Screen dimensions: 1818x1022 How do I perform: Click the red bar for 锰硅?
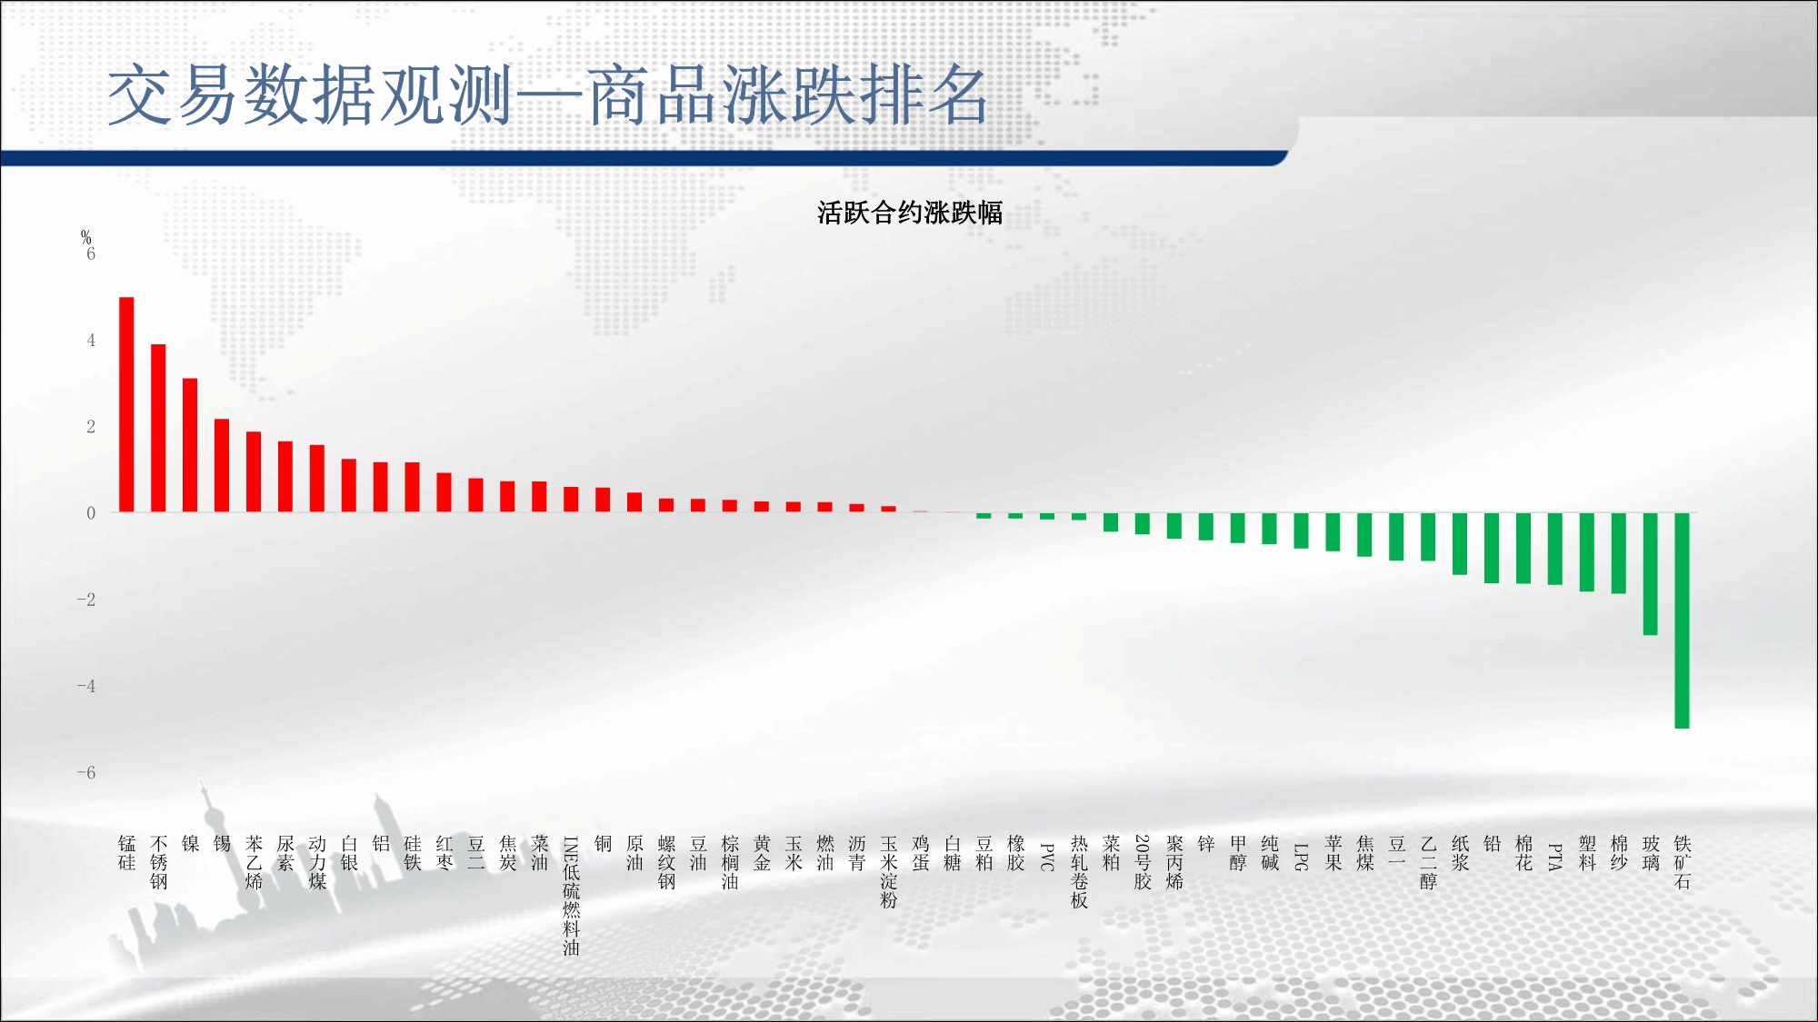(126, 404)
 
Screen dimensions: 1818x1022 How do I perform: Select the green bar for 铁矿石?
(1682, 620)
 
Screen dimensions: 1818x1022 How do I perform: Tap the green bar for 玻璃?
(1650, 574)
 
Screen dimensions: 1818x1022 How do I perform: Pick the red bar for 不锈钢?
(158, 428)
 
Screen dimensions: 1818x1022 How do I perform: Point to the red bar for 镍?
(190, 445)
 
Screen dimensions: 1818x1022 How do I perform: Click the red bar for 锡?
(222, 465)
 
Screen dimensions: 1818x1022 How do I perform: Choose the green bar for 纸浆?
(1460, 544)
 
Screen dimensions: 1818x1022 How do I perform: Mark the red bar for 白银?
(349, 485)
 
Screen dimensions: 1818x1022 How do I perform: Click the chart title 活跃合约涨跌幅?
(909, 213)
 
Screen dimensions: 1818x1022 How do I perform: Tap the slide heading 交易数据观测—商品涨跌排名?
(548, 95)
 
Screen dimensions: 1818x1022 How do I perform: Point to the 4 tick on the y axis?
(91, 341)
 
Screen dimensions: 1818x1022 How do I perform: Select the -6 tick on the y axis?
(86, 773)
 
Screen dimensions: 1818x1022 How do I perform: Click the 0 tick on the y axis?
(91, 513)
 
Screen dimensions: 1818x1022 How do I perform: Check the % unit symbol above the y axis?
(86, 237)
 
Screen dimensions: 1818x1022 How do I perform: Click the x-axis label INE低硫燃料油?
(571, 896)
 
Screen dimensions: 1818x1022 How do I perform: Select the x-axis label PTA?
(1555, 858)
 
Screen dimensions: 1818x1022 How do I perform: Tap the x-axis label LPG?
(1301, 858)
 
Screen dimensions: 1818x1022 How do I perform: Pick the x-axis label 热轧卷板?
(1079, 872)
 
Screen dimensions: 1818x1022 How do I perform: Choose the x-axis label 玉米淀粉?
(888, 872)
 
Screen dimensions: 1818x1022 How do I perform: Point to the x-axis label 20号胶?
(1143, 862)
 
